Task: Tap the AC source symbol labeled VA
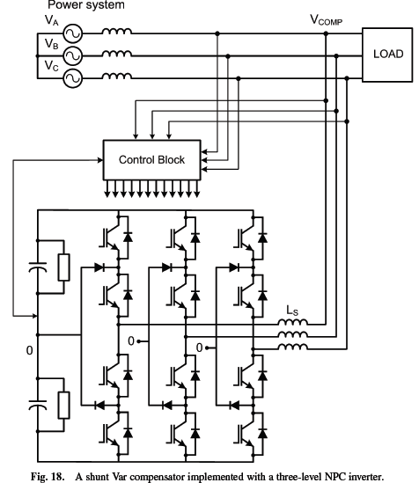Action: point(73,33)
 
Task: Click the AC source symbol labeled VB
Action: point(73,55)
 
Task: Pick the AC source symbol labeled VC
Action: point(73,78)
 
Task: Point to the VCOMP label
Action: point(326,20)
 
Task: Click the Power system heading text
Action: point(86,5)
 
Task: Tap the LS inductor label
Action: point(292,311)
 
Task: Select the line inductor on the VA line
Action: point(117,31)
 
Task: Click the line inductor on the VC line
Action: point(117,76)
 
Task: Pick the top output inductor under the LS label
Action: point(292,322)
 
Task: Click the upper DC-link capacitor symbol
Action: point(38,267)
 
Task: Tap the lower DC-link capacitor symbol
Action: point(38,405)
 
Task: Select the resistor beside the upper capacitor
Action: point(63,267)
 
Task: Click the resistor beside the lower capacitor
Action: point(63,405)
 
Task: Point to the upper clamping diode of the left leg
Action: point(99,267)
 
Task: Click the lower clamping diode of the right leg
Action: point(234,405)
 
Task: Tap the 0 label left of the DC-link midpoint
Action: point(29,350)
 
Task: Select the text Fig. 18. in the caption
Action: point(48,477)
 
